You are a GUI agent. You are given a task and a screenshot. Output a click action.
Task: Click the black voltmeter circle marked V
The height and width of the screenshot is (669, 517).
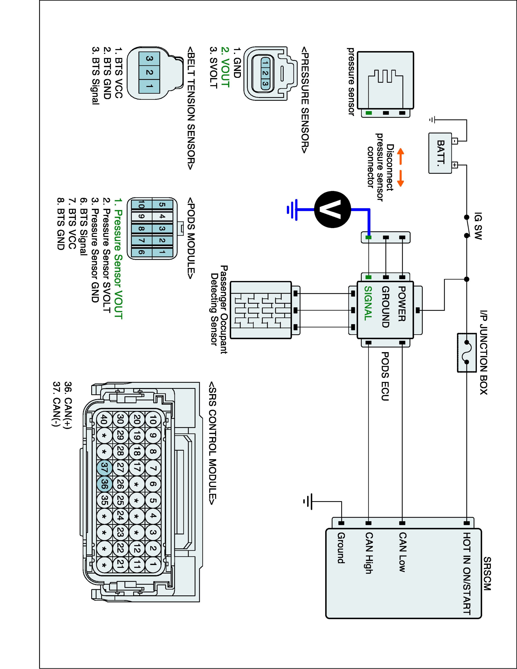[333, 210]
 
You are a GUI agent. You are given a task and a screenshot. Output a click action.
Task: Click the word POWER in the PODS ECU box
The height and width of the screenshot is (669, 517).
[401, 304]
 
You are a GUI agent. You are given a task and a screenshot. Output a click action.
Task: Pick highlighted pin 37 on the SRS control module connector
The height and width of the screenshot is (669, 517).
[104, 467]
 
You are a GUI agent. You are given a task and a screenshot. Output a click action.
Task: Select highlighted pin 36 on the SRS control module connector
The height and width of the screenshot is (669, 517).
[104, 484]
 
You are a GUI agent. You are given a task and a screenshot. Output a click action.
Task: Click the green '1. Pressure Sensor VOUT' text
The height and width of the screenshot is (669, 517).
[118, 259]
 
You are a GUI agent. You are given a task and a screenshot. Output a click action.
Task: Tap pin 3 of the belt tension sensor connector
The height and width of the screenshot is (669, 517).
[149, 58]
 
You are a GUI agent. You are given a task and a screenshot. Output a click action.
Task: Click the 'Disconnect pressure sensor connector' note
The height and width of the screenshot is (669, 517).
[380, 167]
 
